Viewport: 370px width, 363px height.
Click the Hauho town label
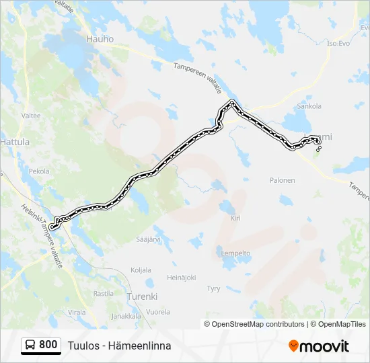100,39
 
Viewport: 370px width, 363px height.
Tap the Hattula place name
15,143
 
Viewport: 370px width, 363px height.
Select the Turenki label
141,296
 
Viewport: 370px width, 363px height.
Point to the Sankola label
309,106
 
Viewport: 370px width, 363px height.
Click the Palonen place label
283,180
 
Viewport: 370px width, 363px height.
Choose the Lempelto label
235,253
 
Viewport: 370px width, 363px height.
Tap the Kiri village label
235,218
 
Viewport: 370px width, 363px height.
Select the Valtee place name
31,116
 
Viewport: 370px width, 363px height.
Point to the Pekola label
39,171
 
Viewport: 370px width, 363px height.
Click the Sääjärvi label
147,239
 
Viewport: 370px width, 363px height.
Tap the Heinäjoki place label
181,278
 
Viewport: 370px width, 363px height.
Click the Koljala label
141,270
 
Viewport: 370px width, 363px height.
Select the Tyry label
213,288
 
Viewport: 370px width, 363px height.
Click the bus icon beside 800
31,346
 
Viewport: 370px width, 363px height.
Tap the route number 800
48,346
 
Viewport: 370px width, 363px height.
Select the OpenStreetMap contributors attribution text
258,324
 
